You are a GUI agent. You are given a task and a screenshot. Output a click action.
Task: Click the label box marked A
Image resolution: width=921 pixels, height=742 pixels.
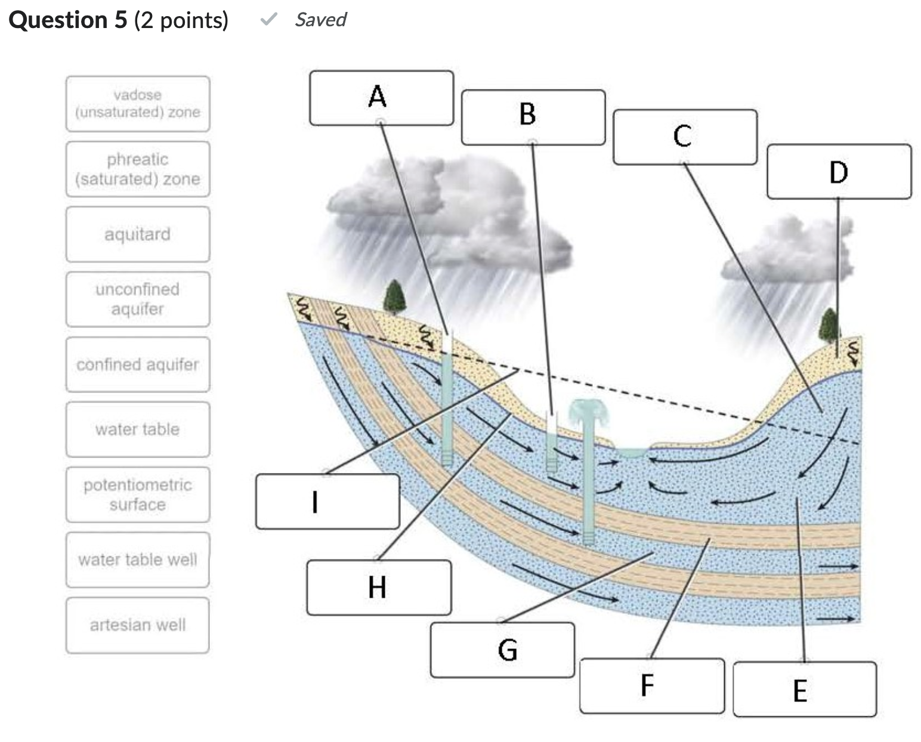click(x=381, y=98)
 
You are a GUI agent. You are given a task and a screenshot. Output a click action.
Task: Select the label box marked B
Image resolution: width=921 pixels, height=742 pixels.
click(x=533, y=117)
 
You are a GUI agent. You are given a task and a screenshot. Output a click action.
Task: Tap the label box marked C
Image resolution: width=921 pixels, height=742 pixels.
click(x=685, y=137)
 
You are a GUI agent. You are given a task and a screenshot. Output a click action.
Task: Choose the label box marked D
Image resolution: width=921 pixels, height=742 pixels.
click(x=839, y=171)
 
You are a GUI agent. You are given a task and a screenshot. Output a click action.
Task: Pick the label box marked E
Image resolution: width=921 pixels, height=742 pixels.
click(x=804, y=689)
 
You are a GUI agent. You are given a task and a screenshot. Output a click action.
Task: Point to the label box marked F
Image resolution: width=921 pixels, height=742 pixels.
click(x=651, y=685)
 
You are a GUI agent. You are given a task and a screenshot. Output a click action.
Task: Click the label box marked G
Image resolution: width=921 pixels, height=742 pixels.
click(x=502, y=650)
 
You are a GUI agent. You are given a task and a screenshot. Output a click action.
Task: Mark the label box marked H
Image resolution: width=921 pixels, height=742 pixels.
click(x=379, y=587)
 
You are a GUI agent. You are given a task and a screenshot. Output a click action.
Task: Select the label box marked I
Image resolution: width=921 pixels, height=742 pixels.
click(x=327, y=501)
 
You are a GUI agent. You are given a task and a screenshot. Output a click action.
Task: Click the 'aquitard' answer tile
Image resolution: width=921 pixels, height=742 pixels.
click(x=138, y=234)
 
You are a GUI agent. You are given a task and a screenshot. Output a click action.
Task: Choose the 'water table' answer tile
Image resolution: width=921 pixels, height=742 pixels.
click(x=138, y=429)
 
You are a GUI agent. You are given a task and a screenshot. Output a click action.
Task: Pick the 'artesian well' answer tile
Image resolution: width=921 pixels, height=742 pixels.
click(x=138, y=625)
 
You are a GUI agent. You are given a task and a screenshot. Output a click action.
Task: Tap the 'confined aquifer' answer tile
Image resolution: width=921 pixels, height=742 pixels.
click(x=138, y=364)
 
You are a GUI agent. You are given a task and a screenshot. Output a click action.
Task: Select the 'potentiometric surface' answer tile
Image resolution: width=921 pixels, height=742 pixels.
click(x=138, y=494)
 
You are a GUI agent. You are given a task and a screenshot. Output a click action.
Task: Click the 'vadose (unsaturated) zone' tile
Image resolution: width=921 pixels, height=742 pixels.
click(x=138, y=104)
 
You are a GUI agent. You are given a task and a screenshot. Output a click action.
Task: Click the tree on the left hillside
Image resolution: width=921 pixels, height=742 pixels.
click(x=394, y=297)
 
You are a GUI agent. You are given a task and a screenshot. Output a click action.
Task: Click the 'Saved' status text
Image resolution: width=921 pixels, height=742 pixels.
click(x=320, y=20)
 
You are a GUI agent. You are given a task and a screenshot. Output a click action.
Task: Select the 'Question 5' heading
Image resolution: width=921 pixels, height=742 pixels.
click(x=68, y=20)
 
